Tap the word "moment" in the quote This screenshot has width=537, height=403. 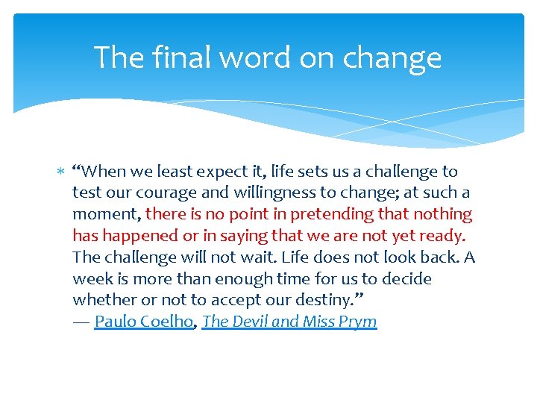coord(104,215)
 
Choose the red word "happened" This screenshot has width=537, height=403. coord(142,237)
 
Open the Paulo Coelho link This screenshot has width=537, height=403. coord(143,322)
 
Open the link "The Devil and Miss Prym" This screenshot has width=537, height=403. coord(289,322)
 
